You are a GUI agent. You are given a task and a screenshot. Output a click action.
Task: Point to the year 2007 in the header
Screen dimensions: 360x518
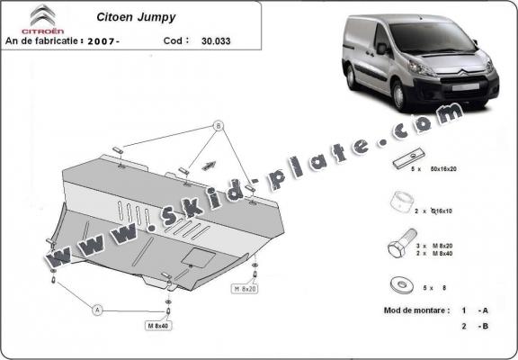tap(105, 41)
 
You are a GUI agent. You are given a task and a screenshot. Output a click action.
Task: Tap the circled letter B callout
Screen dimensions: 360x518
tap(218, 125)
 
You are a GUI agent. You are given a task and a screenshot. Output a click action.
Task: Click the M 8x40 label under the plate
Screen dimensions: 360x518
tap(158, 325)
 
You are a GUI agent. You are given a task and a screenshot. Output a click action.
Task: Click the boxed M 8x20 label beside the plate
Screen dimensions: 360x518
tap(246, 289)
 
